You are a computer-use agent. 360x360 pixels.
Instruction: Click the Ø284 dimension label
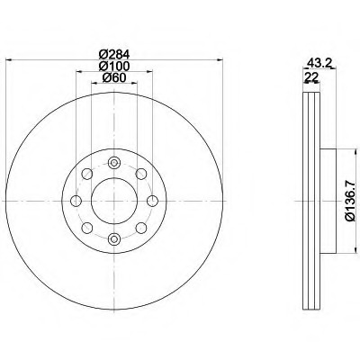click(x=114, y=55)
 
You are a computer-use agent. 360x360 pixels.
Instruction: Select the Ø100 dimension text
click(x=114, y=66)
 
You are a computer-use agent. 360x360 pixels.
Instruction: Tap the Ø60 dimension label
click(x=114, y=77)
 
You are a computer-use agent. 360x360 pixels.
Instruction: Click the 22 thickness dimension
click(x=311, y=77)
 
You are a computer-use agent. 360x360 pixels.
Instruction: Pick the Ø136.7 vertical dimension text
click(x=351, y=202)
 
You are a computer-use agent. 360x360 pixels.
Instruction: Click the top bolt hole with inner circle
click(x=114, y=163)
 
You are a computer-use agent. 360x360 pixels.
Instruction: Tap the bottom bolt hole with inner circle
click(x=114, y=239)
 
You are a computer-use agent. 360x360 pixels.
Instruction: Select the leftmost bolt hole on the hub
click(x=76, y=201)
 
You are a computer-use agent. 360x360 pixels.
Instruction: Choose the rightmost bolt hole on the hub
click(x=152, y=201)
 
